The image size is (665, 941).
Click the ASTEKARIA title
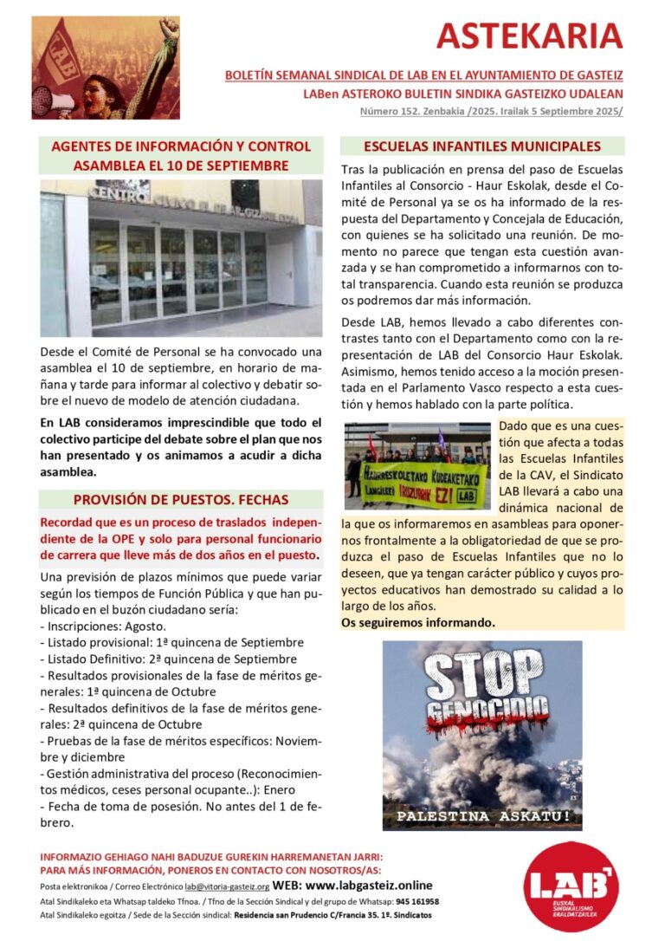[529, 36]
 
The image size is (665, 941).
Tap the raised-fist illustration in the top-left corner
[105, 68]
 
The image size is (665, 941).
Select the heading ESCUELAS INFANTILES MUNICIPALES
[482, 146]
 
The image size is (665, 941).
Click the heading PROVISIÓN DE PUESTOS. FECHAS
[181, 499]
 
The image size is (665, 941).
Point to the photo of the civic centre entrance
[181, 258]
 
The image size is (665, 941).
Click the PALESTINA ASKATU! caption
[482, 816]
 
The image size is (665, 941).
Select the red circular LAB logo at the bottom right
[571, 886]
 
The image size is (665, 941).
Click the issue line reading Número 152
[491, 111]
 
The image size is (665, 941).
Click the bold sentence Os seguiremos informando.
[418, 622]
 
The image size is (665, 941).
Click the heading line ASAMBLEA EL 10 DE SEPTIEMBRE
[181, 165]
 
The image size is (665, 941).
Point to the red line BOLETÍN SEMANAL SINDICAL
[423, 75]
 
